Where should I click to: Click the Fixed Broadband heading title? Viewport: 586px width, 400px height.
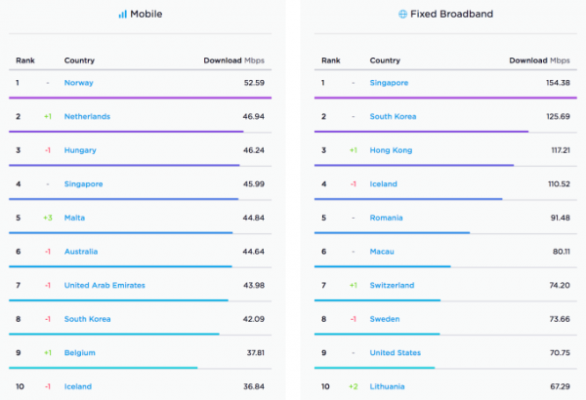click(x=454, y=15)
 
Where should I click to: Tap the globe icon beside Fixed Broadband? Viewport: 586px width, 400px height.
click(x=403, y=15)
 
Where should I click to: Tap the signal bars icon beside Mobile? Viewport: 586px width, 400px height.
click(x=123, y=15)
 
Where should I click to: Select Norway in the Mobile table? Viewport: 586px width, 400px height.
click(x=78, y=83)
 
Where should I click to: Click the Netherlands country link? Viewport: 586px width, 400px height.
click(x=87, y=117)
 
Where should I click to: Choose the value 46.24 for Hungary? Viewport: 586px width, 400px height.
click(x=252, y=150)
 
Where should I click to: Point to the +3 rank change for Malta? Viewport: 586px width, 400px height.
click(x=47, y=218)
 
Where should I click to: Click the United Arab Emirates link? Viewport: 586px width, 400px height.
click(x=105, y=285)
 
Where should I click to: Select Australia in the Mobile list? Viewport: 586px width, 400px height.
click(x=81, y=252)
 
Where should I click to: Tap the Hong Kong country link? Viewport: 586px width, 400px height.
click(x=391, y=150)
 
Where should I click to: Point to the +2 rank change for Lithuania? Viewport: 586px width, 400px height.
click(x=353, y=386)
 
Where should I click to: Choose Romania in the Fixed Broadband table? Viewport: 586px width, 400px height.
click(x=387, y=218)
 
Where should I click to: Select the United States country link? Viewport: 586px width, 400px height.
click(x=395, y=352)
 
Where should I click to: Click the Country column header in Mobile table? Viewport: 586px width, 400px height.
click(x=79, y=60)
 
